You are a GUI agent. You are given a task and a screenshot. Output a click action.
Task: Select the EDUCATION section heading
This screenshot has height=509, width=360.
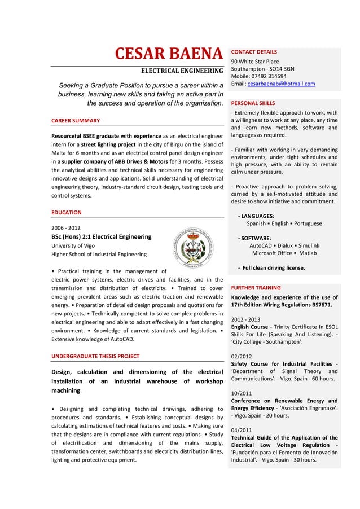66,212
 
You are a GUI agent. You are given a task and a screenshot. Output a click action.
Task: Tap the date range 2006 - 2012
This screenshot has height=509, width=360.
66,227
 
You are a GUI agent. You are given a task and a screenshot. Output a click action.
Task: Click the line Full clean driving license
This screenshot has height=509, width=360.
274,268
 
